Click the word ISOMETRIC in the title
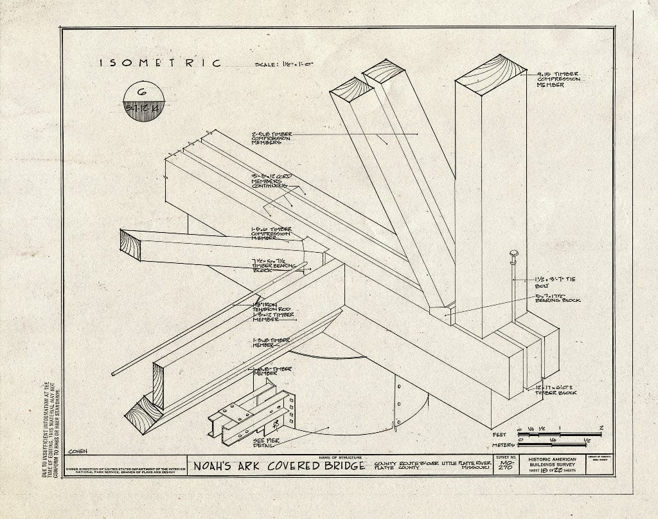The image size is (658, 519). [160, 63]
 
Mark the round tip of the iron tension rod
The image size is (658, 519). [114, 373]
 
